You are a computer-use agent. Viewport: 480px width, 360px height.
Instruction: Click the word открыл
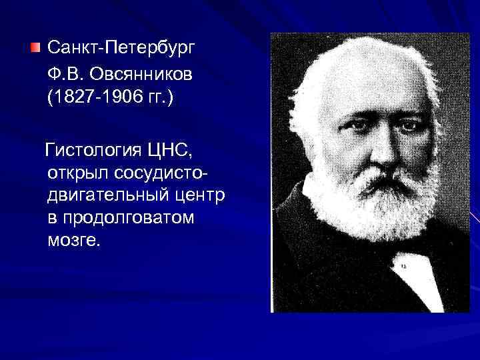(77, 175)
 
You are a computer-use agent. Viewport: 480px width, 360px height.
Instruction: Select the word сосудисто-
(160, 175)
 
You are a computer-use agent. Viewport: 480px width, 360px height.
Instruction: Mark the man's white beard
(373, 200)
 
